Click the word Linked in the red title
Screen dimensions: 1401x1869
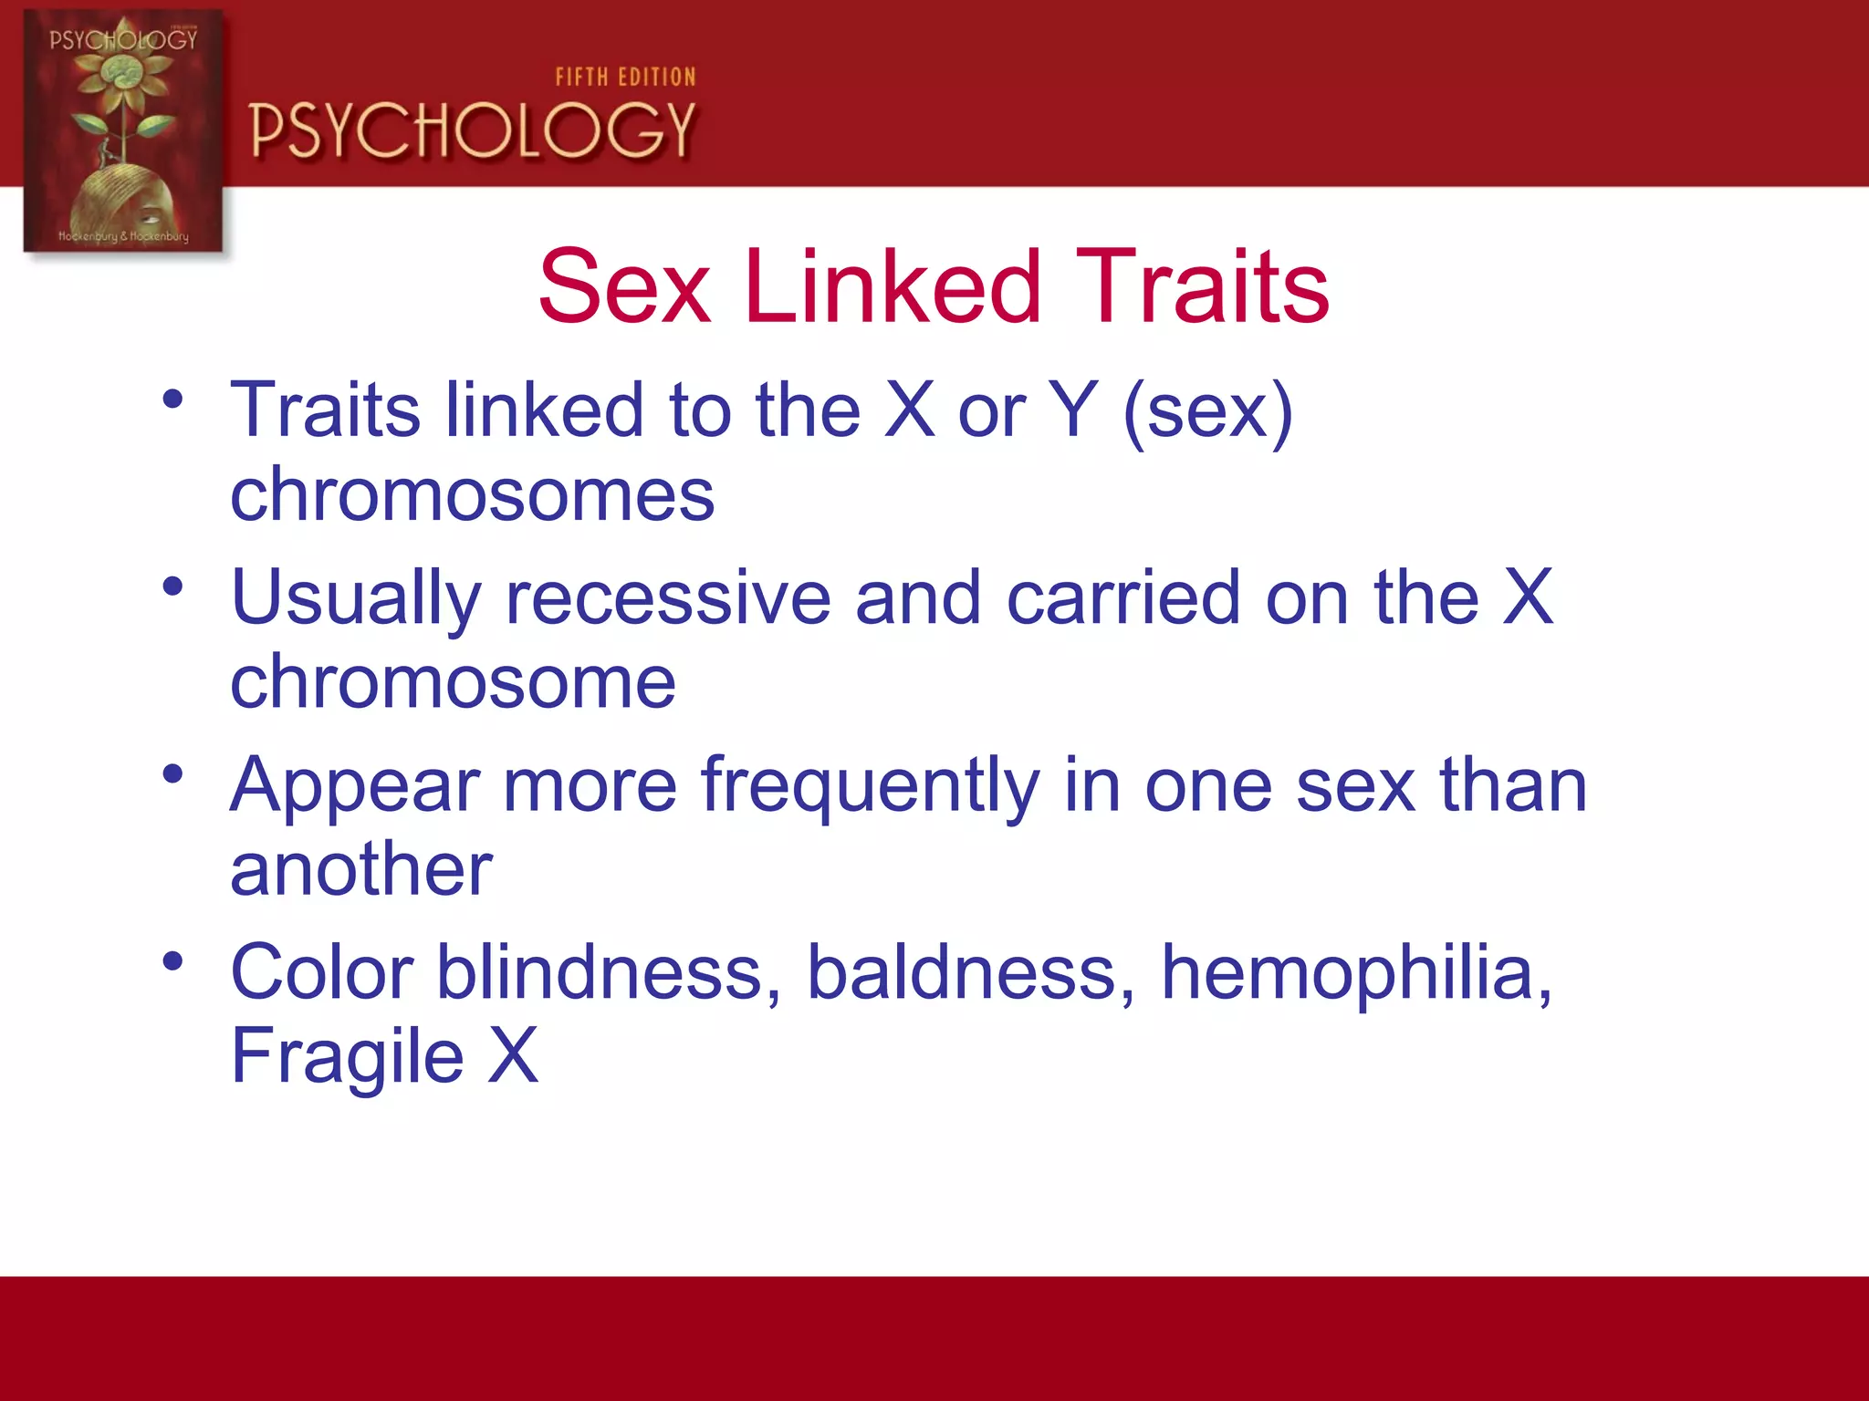click(892, 287)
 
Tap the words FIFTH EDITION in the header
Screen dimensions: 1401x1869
click(625, 78)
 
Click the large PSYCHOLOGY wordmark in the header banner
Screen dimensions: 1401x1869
click(473, 130)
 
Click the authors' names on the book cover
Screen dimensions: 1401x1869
click(123, 236)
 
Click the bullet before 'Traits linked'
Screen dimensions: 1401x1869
click(172, 399)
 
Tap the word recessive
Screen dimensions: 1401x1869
click(668, 598)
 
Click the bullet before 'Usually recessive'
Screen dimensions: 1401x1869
click(172, 586)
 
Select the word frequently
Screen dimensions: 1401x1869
click(870, 787)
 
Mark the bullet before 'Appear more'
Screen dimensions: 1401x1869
click(172, 773)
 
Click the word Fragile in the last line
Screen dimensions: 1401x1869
click(347, 1056)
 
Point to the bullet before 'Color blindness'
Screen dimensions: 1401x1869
click(172, 960)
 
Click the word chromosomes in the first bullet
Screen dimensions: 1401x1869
click(472, 494)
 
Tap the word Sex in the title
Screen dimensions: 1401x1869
click(624, 287)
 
